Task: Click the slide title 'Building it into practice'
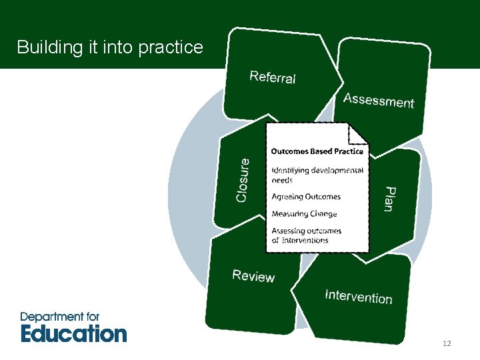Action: tap(110, 47)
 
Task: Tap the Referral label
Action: tap(273, 77)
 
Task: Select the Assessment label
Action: tap(379, 101)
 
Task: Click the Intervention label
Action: tap(359, 297)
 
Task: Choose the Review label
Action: tap(253, 276)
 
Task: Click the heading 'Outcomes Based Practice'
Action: tap(317, 151)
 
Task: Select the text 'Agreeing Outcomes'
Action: tap(306, 197)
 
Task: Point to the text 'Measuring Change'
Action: tap(304, 214)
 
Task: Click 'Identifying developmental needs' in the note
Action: tap(317, 175)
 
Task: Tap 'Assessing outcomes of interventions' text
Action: tap(306, 235)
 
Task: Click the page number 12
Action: tap(447, 343)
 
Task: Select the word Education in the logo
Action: tap(73, 333)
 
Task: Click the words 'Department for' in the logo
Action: tap(60, 317)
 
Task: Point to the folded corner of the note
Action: tap(360, 133)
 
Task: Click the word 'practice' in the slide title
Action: tap(173, 47)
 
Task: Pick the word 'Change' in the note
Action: tap(323, 214)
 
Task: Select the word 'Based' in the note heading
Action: tap(320, 151)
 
